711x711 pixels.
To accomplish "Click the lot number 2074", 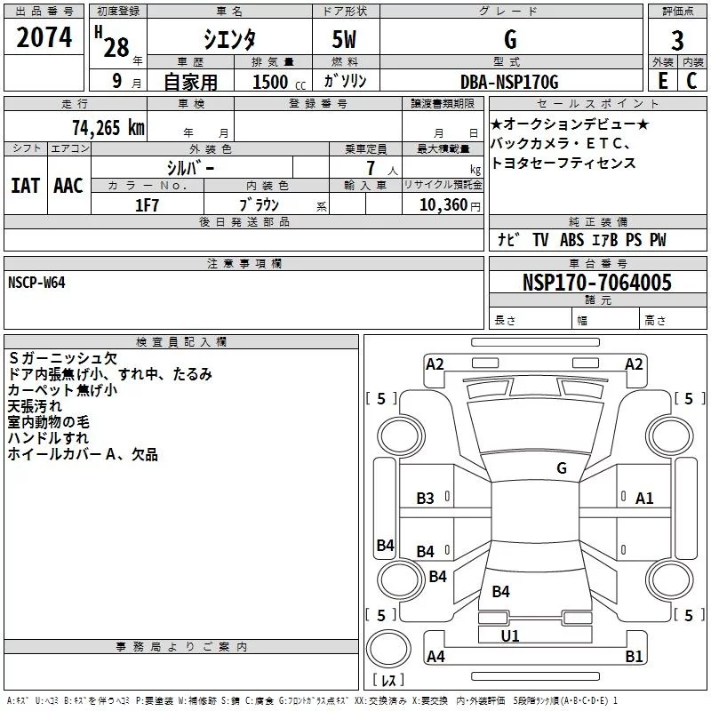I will point(44,38).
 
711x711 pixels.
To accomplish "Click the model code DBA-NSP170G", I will point(509,82).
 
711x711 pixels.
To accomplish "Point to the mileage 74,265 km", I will point(108,127).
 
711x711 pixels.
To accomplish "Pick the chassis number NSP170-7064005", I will point(596,284).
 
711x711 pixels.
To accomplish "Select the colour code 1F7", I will point(147,204).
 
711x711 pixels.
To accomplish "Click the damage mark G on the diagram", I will point(561,467).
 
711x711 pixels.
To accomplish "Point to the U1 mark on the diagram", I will point(510,635).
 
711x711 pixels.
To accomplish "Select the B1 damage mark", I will point(634,657).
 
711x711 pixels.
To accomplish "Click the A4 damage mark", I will point(435,657).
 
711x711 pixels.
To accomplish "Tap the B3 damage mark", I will point(426,499).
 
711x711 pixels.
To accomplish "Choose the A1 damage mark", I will point(644,499).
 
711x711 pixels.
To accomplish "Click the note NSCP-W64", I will point(36,283).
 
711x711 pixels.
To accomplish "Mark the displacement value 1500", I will point(271,83).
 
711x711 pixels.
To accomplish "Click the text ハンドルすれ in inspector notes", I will point(48,438).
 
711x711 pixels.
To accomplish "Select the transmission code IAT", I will point(25,185).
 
